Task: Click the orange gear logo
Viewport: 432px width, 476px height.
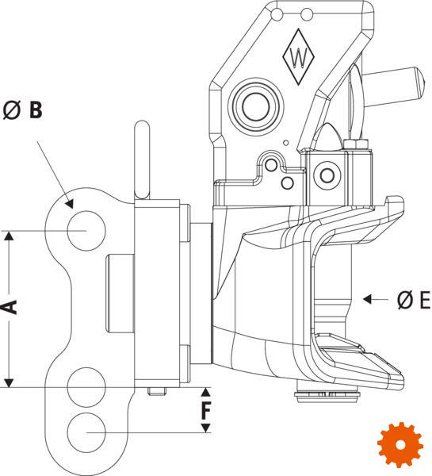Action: [400, 444]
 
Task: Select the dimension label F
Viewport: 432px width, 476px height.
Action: [205, 410]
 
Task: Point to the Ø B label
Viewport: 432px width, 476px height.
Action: [22, 110]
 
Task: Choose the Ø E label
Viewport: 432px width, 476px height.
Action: [414, 300]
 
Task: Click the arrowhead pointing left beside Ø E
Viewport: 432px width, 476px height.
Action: [367, 299]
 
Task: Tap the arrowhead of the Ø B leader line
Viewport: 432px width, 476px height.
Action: [70, 204]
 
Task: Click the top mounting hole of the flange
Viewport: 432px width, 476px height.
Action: [86, 231]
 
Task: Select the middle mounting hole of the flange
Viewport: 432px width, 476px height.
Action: [86, 387]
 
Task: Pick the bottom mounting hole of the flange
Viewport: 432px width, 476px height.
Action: [86, 432]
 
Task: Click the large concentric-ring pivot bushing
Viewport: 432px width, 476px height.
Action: [256, 106]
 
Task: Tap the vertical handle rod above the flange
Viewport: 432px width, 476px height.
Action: [142, 160]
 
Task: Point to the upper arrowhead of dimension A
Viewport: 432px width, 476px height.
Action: [10, 236]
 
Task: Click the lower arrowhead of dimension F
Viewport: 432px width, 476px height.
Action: [205, 428]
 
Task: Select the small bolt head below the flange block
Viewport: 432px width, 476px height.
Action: [157, 391]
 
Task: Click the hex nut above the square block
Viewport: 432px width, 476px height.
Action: [356, 144]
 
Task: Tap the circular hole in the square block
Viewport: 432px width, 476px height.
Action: [327, 175]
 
